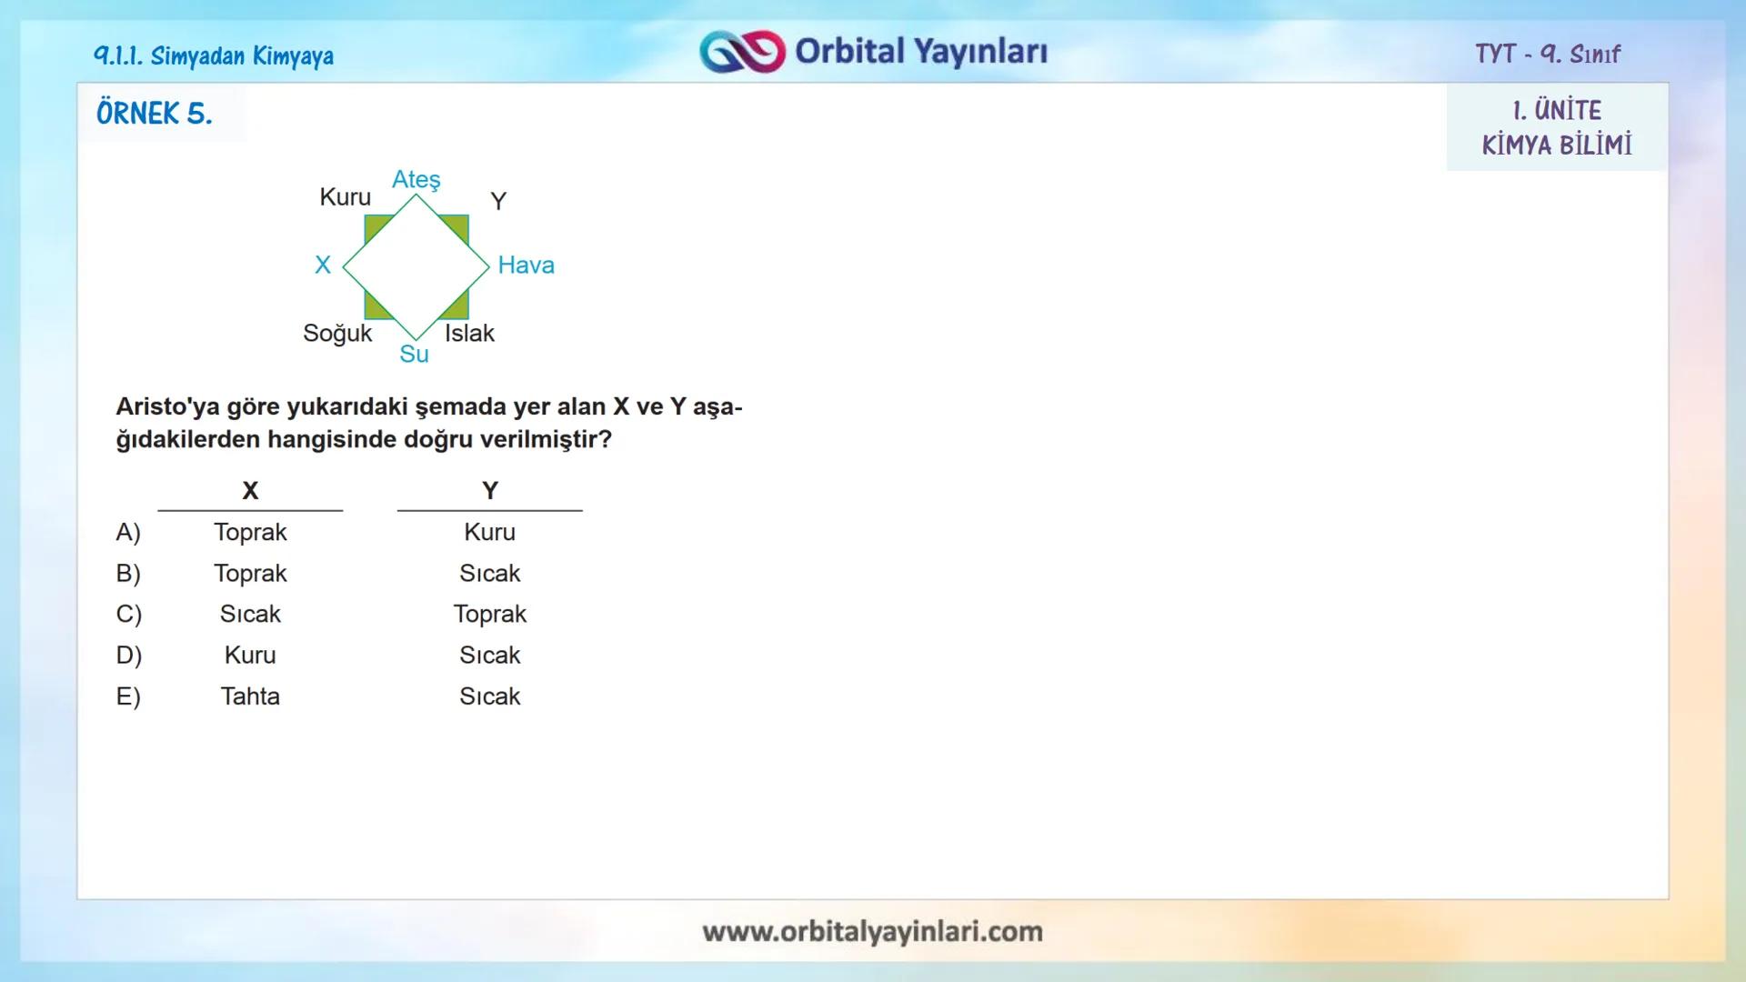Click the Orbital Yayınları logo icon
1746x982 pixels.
point(742,52)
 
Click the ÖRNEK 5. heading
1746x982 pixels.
point(155,114)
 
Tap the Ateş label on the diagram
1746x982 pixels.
point(416,180)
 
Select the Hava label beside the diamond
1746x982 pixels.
point(526,266)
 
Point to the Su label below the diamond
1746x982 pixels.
point(414,355)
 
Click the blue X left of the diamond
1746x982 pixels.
point(323,266)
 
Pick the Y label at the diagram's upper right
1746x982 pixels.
point(498,201)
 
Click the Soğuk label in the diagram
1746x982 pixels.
point(337,334)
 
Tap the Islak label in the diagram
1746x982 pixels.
point(469,334)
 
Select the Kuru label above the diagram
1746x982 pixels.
point(346,197)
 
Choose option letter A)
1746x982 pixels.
point(128,532)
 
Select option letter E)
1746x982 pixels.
point(128,696)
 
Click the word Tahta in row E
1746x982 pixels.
point(250,696)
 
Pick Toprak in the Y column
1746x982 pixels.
point(490,614)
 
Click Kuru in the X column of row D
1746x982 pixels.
point(250,655)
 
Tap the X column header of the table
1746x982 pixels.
point(250,491)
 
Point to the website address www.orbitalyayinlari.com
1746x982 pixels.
point(872,931)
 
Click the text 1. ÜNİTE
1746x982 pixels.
point(1557,111)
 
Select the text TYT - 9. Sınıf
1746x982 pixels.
point(1548,55)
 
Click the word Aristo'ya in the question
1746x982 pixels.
point(167,407)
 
